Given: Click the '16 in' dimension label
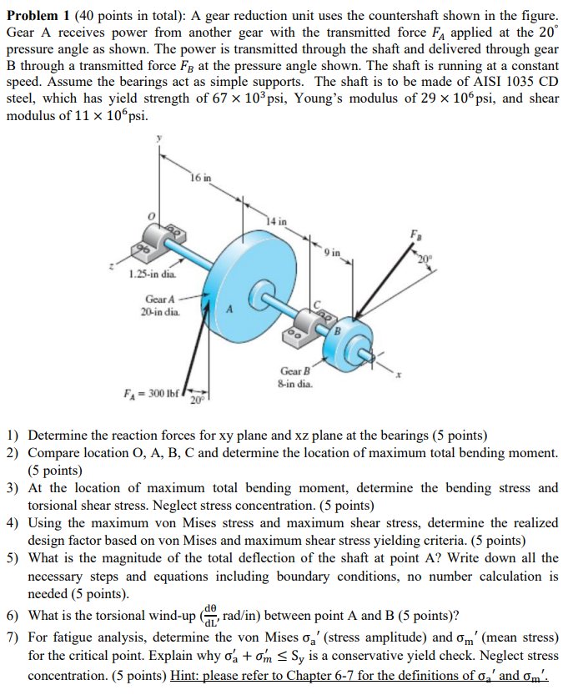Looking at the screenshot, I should tap(201, 177).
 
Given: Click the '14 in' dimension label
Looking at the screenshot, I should tap(277, 221).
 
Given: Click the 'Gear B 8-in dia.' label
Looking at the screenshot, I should tap(296, 377).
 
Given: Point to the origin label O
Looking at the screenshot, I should tap(152, 216).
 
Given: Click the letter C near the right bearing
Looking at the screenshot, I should tap(316, 302).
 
